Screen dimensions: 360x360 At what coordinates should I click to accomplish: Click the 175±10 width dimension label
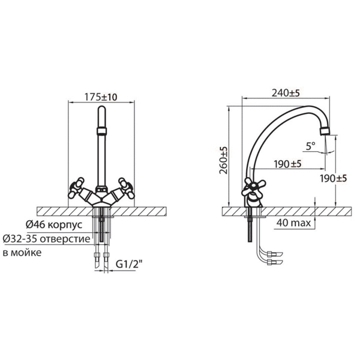pyautogui.click(x=101, y=97)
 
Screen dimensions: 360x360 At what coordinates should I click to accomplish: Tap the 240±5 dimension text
pyautogui.click(x=286, y=93)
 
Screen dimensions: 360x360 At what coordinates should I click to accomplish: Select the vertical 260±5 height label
pyautogui.click(x=223, y=160)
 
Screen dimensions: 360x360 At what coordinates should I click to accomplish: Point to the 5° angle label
pyautogui.click(x=311, y=146)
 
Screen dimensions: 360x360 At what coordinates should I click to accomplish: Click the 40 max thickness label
pyautogui.click(x=293, y=223)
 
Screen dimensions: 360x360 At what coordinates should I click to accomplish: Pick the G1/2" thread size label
pyautogui.click(x=128, y=265)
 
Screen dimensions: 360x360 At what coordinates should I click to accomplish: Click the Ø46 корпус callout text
pyautogui.click(x=54, y=224)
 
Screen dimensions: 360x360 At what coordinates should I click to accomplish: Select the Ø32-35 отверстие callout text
pyautogui.click(x=47, y=239)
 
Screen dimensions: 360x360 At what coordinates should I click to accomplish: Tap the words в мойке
pyautogui.click(x=22, y=253)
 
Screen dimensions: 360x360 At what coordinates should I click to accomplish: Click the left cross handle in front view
pyautogui.click(x=76, y=188)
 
